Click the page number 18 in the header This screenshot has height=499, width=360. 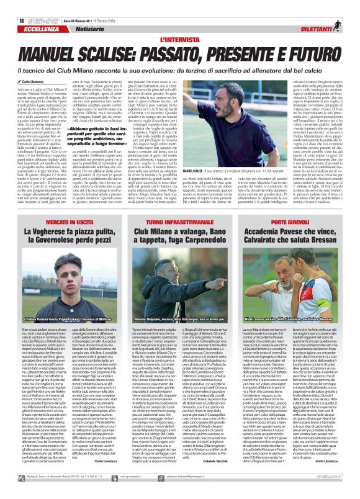coord(12,5)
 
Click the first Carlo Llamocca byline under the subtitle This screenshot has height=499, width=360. coord(32,65)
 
